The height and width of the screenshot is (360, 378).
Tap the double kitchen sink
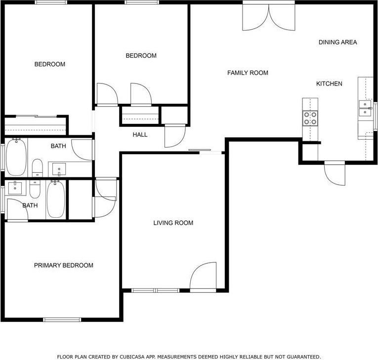point(366,109)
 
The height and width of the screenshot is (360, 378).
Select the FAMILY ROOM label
point(248,73)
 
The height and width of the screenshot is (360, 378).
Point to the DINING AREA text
point(337,42)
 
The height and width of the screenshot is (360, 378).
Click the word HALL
point(140,135)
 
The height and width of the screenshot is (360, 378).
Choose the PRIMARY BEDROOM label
point(63,266)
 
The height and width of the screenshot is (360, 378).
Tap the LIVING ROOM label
point(173,223)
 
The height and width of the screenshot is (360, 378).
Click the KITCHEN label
point(329,84)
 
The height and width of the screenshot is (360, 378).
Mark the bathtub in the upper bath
point(16,157)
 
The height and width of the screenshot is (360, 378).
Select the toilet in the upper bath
point(37,168)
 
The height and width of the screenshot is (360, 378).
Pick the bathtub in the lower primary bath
point(55,200)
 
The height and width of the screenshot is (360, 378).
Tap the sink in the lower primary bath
point(16,188)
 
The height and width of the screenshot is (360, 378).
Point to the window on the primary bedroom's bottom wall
point(62,320)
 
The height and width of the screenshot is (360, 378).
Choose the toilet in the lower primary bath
point(35,189)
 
